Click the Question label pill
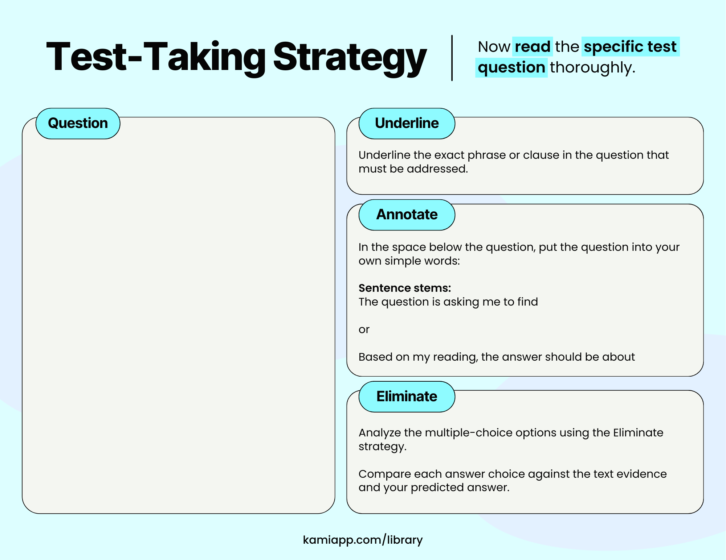point(78,124)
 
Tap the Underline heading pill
point(407,124)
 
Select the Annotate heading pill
point(407,215)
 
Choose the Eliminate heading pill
point(407,397)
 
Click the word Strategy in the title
point(349,57)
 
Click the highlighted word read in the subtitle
point(532,47)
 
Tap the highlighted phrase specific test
point(630,47)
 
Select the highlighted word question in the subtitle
point(511,67)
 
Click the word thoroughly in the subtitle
point(592,67)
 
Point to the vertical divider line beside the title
point(452,58)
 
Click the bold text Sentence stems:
point(404,288)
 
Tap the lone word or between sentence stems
point(364,329)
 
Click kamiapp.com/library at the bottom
point(363,540)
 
